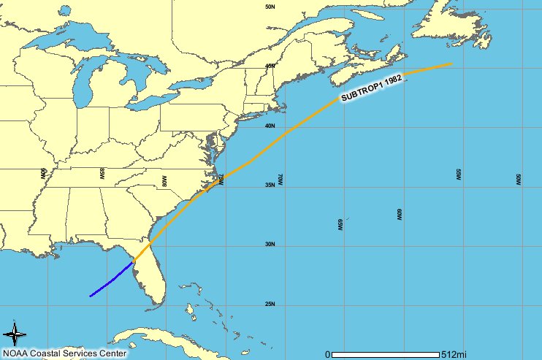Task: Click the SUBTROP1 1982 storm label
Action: click(x=372, y=88)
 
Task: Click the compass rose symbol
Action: click(x=15, y=334)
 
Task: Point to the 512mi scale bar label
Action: click(x=454, y=354)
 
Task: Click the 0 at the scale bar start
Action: click(x=328, y=354)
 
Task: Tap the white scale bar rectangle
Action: click(x=386, y=354)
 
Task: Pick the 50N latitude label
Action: click(x=270, y=7)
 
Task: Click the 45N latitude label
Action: click(x=270, y=66)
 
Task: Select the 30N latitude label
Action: click(x=270, y=245)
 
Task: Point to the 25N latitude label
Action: click(x=270, y=305)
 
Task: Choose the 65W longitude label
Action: click(x=340, y=224)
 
